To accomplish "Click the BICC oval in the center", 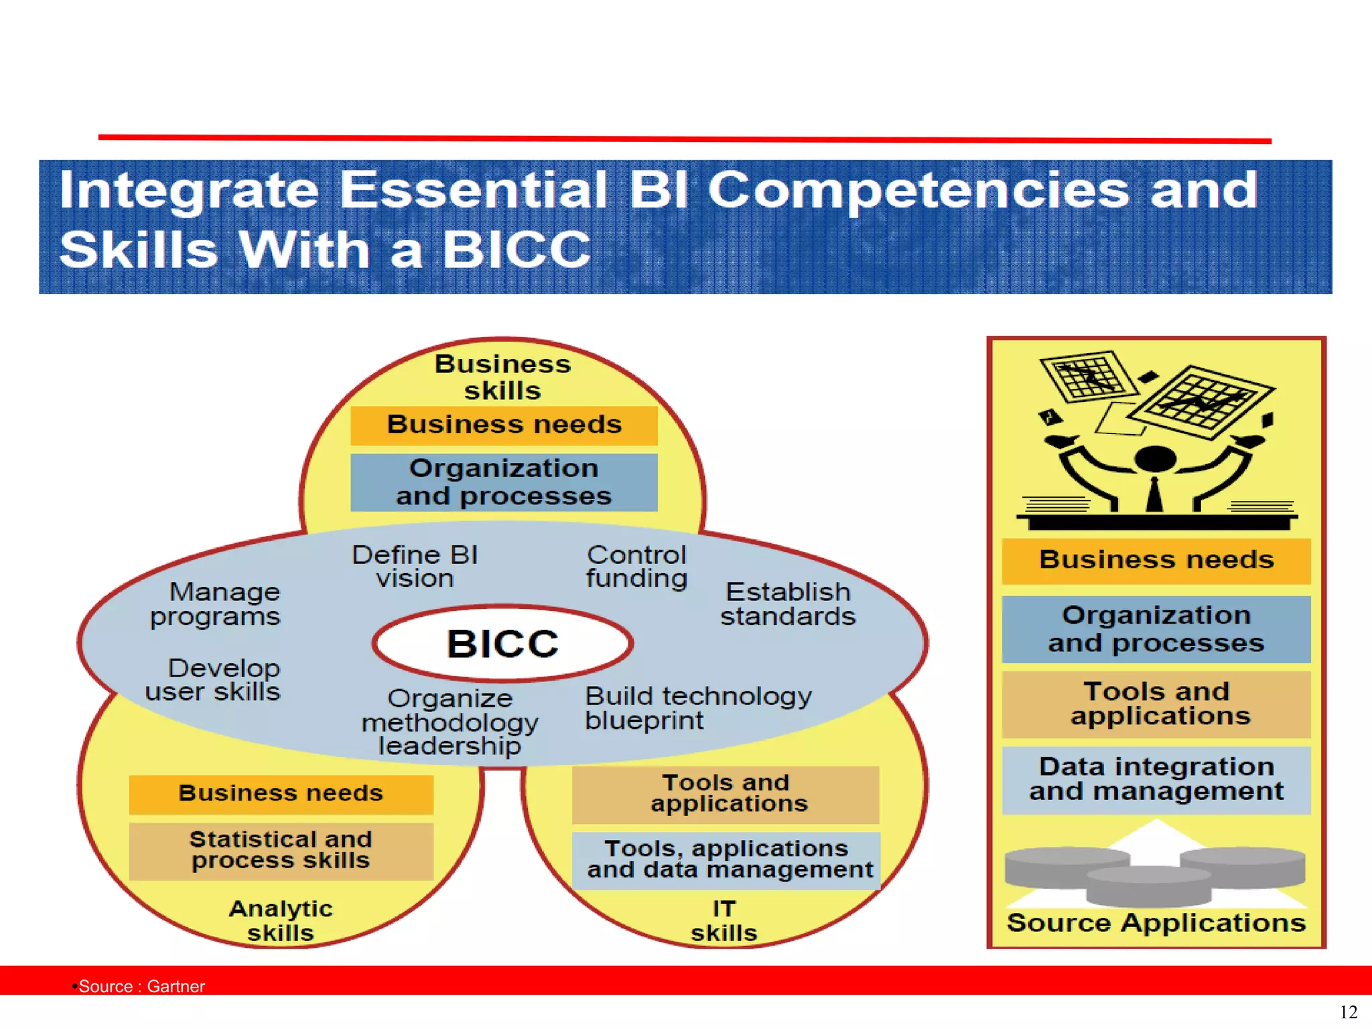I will pyautogui.click(x=502, y=644).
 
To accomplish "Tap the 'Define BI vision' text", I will pyautogui.click(x=415, y=567).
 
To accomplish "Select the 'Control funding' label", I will pyautogui.click(x=636, y=567).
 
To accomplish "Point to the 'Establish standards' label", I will pyautogui.click(x=788, y=604).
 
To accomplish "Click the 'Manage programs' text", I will pyautogui.click(x=215, y=604).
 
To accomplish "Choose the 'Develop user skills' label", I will pyautogui.click(x=213, y=679).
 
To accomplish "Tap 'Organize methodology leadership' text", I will pyautogui.click(x=450, y=722).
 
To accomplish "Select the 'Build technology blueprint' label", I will pyautogui.click(x=697, y=708).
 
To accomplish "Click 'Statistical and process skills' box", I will pyautogui.click(x=281, y=850).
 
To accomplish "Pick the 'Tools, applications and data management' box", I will pyautogui.click(x=726, y=860).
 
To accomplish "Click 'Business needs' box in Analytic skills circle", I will pyautogui.click(x=281, y=794).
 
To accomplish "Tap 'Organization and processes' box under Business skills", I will pyautogui.click(x=504, y=482).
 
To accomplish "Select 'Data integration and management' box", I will pyautogui.click(x=1156, y=779).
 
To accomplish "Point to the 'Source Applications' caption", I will pyautogui.click(x=1156, y=923).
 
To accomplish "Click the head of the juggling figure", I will pyautogui.click(x=1156, y=459).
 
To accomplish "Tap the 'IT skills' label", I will pyautogui.click(x=724, y=920).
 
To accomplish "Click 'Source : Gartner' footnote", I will pyautogui.click(x=141, y=986).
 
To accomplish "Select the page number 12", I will pyautogui.click(x=1348, y=1012).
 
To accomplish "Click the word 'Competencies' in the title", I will pyautogui.click(x=918, y=190).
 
